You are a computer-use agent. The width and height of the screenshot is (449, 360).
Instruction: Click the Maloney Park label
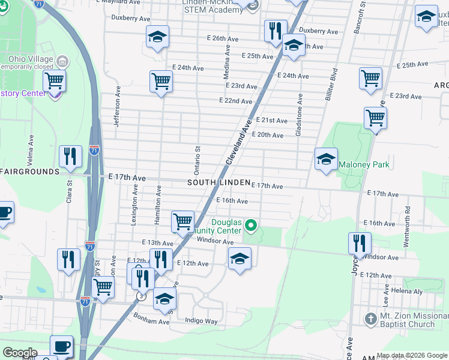pyautogui.click(x=364, y=164)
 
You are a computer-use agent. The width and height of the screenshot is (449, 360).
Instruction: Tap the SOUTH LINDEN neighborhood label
pyautogui.click(x=218, y=182)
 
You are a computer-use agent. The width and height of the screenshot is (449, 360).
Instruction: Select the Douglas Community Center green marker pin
pyautogui.click(x=252, y=226)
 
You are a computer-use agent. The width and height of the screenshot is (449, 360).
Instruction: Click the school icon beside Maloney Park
pyautogui.click(x=326, y=159)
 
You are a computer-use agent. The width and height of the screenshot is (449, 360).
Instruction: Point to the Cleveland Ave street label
pyautogui.click(x=238, y=142)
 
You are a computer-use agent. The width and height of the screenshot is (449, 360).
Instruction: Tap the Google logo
pyautogui.click(x=19, y=353)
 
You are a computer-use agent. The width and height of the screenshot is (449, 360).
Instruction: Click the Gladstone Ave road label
pyautogui.click(x=298, y=114)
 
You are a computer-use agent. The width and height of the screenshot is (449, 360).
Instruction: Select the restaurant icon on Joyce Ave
pyautogui.click(x=360, y=243)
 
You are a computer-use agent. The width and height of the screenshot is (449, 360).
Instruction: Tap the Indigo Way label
pyautogui.click(x=201, y=321)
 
